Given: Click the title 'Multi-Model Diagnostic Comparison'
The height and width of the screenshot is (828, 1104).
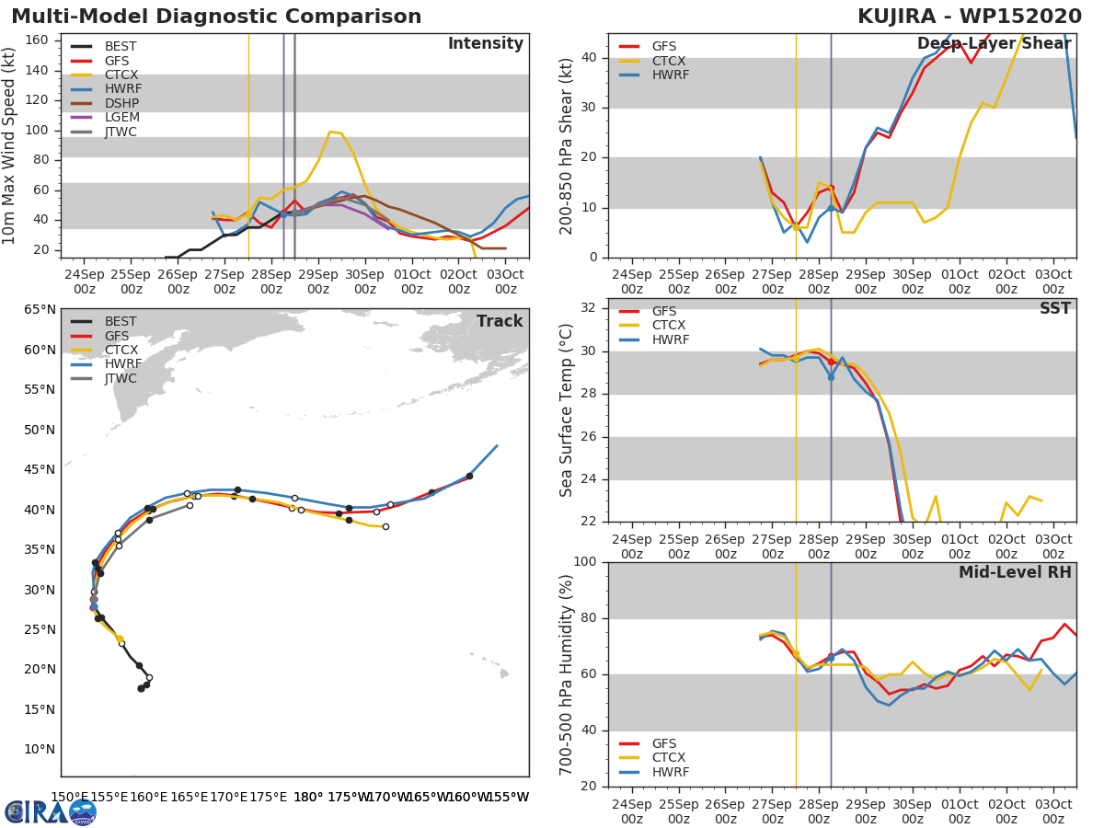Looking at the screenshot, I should point(216,17).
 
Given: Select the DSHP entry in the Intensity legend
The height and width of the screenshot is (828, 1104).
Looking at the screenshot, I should point(121,104).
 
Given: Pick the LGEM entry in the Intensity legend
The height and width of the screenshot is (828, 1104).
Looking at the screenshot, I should point(121,118).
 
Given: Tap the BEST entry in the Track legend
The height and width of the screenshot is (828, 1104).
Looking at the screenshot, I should point(121,321).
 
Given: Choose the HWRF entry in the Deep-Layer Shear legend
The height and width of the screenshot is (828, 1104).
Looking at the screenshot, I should point(669,75).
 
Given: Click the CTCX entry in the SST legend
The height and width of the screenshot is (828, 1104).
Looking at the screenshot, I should point(669,326).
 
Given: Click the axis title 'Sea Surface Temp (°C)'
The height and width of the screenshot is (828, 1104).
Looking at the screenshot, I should point(568,409).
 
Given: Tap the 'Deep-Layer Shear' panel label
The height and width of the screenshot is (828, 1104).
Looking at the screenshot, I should point(994,44).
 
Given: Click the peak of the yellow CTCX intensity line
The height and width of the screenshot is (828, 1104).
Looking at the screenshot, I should point(330,132).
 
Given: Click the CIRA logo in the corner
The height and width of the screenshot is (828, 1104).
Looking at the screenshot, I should point(51,811).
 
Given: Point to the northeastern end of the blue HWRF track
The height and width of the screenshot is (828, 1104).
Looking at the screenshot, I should point(497,445).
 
